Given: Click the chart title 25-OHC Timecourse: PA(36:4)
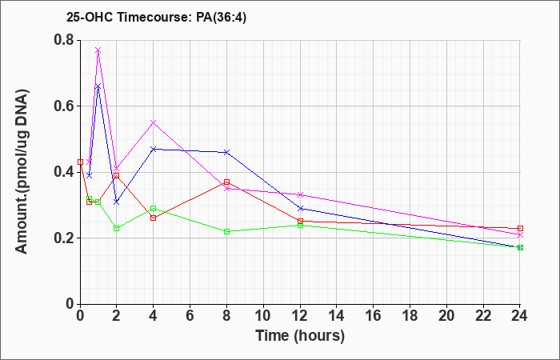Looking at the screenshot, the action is [x=156, y=17].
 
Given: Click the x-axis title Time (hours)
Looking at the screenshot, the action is [x=300, y=336].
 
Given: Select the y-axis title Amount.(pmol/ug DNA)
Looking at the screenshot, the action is [x=22, y=171].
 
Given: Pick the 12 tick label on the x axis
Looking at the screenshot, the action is [x=300, y=316].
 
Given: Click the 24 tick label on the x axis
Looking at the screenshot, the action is [x=520, y=316].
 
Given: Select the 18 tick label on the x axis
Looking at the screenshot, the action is [x=410, y=316].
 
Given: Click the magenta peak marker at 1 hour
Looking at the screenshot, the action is [x=98, y=50].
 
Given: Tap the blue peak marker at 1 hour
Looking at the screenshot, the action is [x=98, y=86].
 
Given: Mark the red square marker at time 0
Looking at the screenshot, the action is [x=80, y=162].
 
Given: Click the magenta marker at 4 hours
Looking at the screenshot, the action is [x=154, y=122].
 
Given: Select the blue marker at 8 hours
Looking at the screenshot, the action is [x=226, y=153].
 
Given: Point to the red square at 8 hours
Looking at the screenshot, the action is [x=226, y=182].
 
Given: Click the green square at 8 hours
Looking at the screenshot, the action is [x=226, y=231].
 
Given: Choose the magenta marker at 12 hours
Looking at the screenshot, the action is [x=300, y=195].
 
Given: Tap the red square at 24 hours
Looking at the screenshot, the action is [x=520, y=228].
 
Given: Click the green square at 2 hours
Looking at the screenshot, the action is [x=117, y=228].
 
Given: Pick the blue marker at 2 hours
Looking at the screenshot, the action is [x=117, y=202].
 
